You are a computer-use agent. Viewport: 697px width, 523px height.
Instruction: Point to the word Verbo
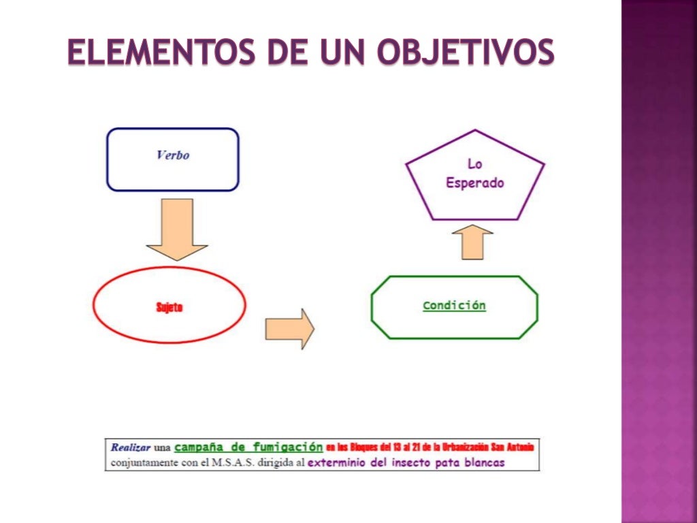[x=173, y=155]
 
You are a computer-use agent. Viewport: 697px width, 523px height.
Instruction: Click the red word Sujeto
[x=169, y=307]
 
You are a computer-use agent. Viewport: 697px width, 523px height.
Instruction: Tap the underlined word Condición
[x=454, y=306]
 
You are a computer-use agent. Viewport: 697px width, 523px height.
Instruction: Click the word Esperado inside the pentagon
[x=474, y=183]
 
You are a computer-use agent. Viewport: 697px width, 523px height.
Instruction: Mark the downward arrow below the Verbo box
[x=177, y=229]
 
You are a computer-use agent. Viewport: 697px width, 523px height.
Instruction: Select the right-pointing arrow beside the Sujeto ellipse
[x=289, y=329]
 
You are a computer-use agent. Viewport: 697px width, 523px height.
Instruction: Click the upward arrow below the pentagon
[x=476, y=242]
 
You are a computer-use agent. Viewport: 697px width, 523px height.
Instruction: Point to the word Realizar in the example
[x=130, y=447]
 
